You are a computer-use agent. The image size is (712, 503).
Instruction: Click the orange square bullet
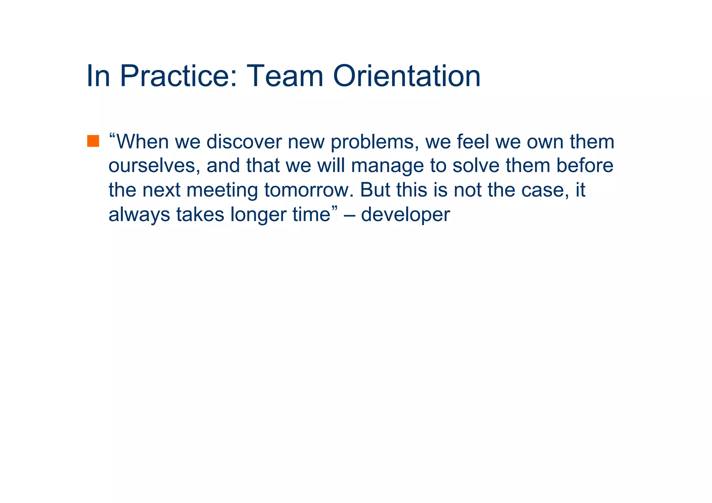coord(93,141)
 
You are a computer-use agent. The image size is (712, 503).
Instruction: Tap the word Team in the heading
coord(285,76)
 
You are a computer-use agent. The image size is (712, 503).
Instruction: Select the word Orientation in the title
coord(407,76)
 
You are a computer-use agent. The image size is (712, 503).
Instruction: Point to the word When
coord(142,142)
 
